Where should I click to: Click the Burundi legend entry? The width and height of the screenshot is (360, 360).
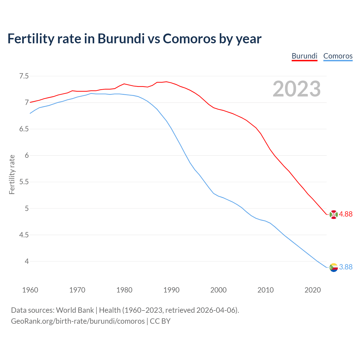pyautogui.click(x=304, y=56)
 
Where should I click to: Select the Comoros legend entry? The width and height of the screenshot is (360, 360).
pyautogui.click(x=338, y=56)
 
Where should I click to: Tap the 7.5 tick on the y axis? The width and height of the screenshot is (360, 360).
pyautogui.click(x=24, y=76)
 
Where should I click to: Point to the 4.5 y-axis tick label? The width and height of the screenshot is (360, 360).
pyautogui.click(x=24, y=235)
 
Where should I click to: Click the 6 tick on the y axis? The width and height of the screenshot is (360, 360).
pyautogui.click(x=27, y=156)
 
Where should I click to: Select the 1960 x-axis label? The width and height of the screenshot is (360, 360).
pyautogui.click(x=30, y=290)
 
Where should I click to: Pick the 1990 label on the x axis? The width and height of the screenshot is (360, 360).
pyautogui.click(x=171, y=290)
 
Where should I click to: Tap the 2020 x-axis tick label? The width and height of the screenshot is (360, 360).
pyautogui.click(x=312, y=290)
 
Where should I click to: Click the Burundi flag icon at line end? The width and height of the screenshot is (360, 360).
pyautogui.click(x=334, y=214)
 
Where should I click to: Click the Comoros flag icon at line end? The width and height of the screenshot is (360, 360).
pyautogui.click(x=334, y=267)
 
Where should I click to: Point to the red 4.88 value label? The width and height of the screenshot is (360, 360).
pyautogui.click(x=346, y=214)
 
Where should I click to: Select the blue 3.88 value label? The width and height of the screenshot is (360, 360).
pyautogui.click(x=346, y=267)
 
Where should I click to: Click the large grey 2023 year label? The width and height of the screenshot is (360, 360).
pyautogui.click(x=297, y=89)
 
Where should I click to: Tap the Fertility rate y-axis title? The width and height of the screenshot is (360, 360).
pyautogui.click(x=12, y=174)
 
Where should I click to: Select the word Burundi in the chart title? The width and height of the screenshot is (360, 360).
pyautogui.click(x=121, y=39)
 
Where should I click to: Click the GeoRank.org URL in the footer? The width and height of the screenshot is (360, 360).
pyautogui.click(x=78, y=321)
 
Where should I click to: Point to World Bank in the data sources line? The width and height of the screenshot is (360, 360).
pyautogui.click(x=75, y=310)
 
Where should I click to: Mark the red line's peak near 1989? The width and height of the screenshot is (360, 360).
pyautogui.click(x=166, y=82)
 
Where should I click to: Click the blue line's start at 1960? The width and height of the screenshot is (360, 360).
pyautogui.click(x=30, y=113)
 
